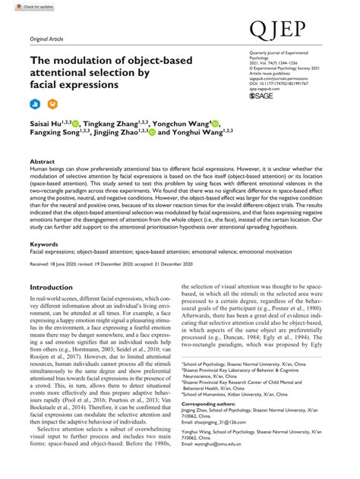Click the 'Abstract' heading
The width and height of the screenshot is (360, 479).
click(x=42, y=162)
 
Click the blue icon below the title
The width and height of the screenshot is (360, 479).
click(x=34, y=103)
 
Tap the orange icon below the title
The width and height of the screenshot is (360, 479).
click(x=52, y=103)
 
